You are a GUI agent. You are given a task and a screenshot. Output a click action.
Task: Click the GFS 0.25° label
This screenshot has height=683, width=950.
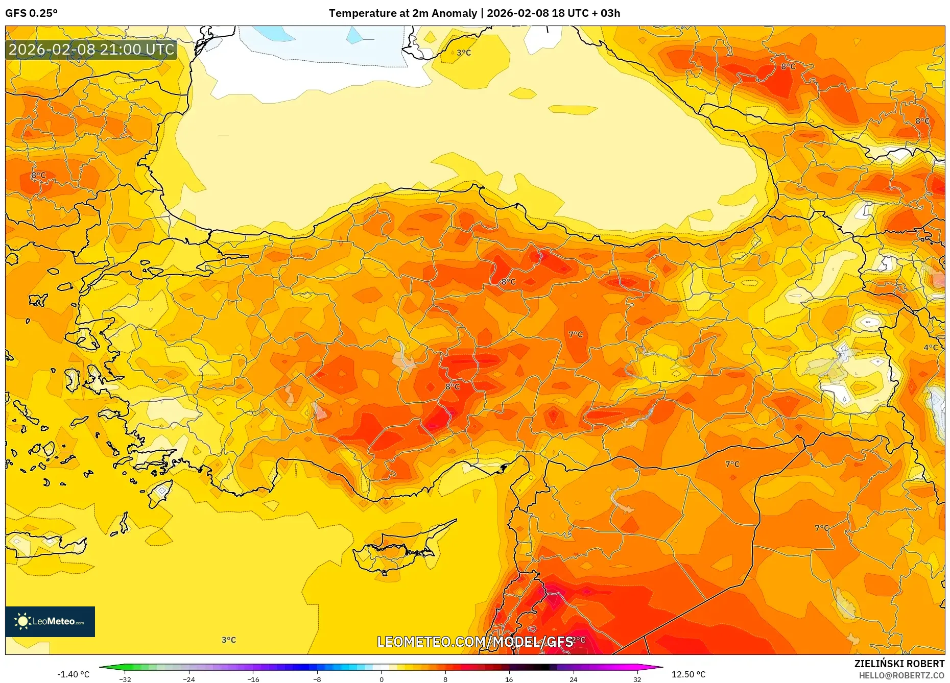point(32,13)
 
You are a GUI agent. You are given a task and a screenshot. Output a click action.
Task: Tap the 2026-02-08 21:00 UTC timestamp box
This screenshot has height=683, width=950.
point(91,50)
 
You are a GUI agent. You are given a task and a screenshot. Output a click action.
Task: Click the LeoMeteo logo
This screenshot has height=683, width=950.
point(50,621)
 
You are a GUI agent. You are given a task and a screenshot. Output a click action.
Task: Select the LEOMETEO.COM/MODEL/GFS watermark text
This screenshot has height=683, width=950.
point(475,642)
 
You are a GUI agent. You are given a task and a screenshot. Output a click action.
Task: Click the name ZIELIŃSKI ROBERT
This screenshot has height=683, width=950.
point(899,664)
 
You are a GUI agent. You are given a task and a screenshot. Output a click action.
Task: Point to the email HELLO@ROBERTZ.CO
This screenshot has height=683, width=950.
point(901,675)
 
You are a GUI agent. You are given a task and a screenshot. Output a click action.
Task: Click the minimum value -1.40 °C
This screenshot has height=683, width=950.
point(73,674)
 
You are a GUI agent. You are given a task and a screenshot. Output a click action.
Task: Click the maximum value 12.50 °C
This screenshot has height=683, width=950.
point(688,674)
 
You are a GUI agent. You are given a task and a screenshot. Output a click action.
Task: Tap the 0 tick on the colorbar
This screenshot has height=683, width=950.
point(381,679)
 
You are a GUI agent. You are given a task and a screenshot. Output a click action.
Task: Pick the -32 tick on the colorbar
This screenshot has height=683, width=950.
point(125,679)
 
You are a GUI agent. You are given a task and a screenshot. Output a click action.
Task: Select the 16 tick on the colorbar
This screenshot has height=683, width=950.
point(509,679)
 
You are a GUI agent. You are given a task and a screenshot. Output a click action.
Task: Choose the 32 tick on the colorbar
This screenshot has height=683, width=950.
point(637,679)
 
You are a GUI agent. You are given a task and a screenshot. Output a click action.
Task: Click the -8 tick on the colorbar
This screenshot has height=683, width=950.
point(317,679)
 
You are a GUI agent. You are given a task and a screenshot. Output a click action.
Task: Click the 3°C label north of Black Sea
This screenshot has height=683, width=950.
point(463,53)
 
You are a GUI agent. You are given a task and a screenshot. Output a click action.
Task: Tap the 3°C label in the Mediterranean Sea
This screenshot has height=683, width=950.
point(228,640)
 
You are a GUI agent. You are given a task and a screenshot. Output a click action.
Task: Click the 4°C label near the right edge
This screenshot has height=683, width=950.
point(931,347)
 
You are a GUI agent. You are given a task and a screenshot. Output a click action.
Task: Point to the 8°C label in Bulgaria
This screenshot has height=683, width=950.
point(38,175)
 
